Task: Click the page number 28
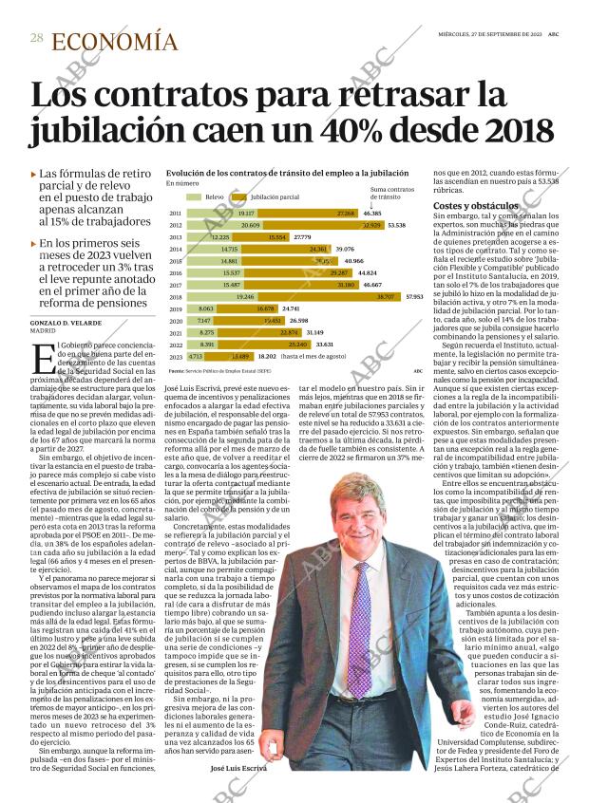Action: click(x=37, y=37)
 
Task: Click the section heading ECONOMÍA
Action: click(x=114, y=41)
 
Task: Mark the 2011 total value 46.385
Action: click(x=372, y=214)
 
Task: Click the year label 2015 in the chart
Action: click(x=175, y=261)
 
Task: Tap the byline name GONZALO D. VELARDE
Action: click(x=72, y=324)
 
